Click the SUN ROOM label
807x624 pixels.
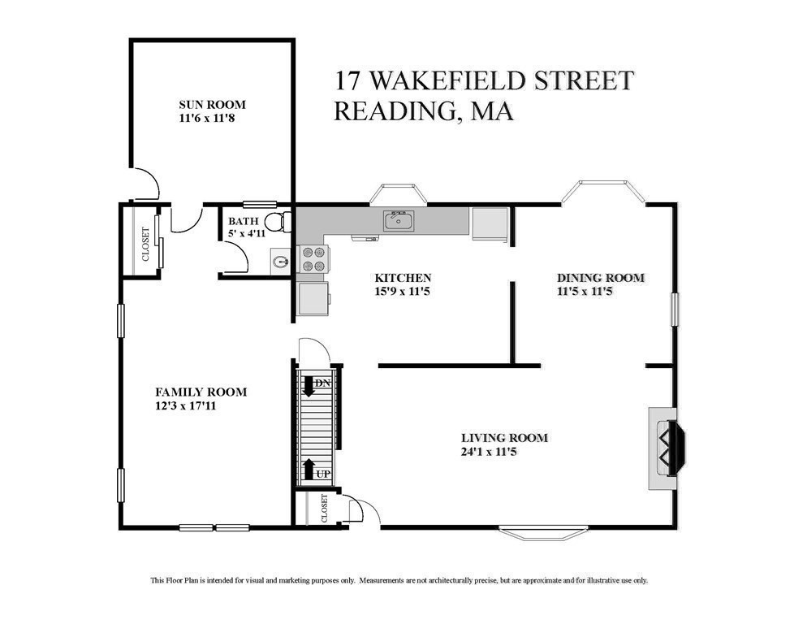[212, 105]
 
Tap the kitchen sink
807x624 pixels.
[399, 220]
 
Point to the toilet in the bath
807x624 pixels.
[277, 222]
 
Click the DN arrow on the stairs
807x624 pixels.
[309, 384]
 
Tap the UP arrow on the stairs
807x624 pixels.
[309, 470]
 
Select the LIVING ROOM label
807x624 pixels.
[504, 438]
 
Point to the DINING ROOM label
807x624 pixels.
[600, 278]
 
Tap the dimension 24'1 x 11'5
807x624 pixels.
[489, 452]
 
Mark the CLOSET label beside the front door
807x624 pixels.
[325, 508]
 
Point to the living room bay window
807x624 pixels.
[542, 533]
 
